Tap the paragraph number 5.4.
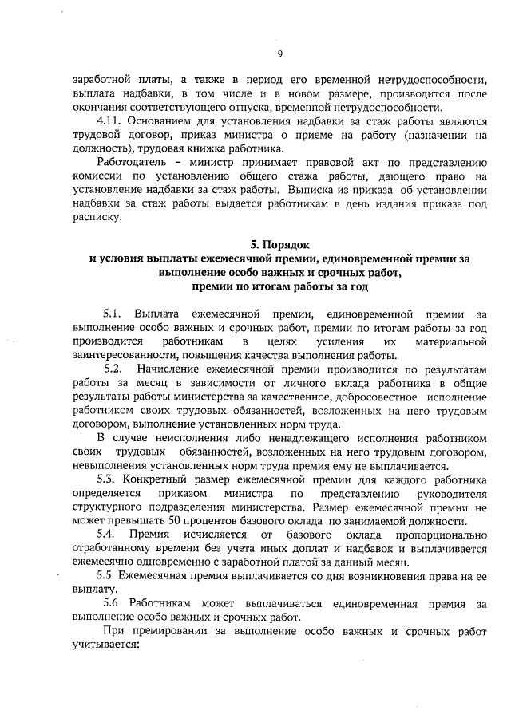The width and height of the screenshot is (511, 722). (x=107, y=532)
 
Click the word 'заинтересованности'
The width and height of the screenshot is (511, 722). (x=124, y=356)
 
